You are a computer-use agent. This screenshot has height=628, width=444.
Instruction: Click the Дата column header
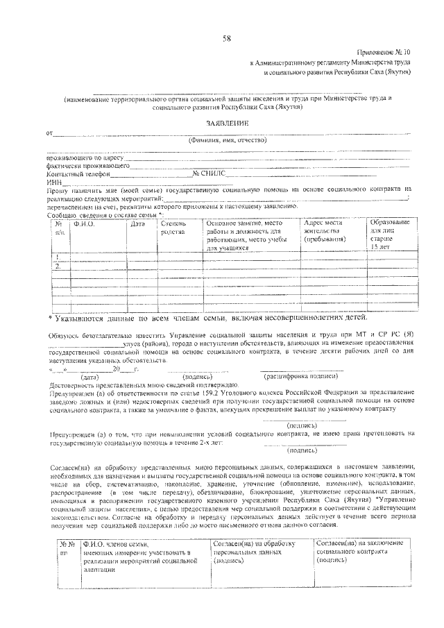pos(137,223)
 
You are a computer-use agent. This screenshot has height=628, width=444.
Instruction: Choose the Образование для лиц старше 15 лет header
pos(389,234)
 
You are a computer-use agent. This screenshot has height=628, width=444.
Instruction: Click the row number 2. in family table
pos(58,266)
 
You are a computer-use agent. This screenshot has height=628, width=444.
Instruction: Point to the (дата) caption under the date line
pos(92,375)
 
